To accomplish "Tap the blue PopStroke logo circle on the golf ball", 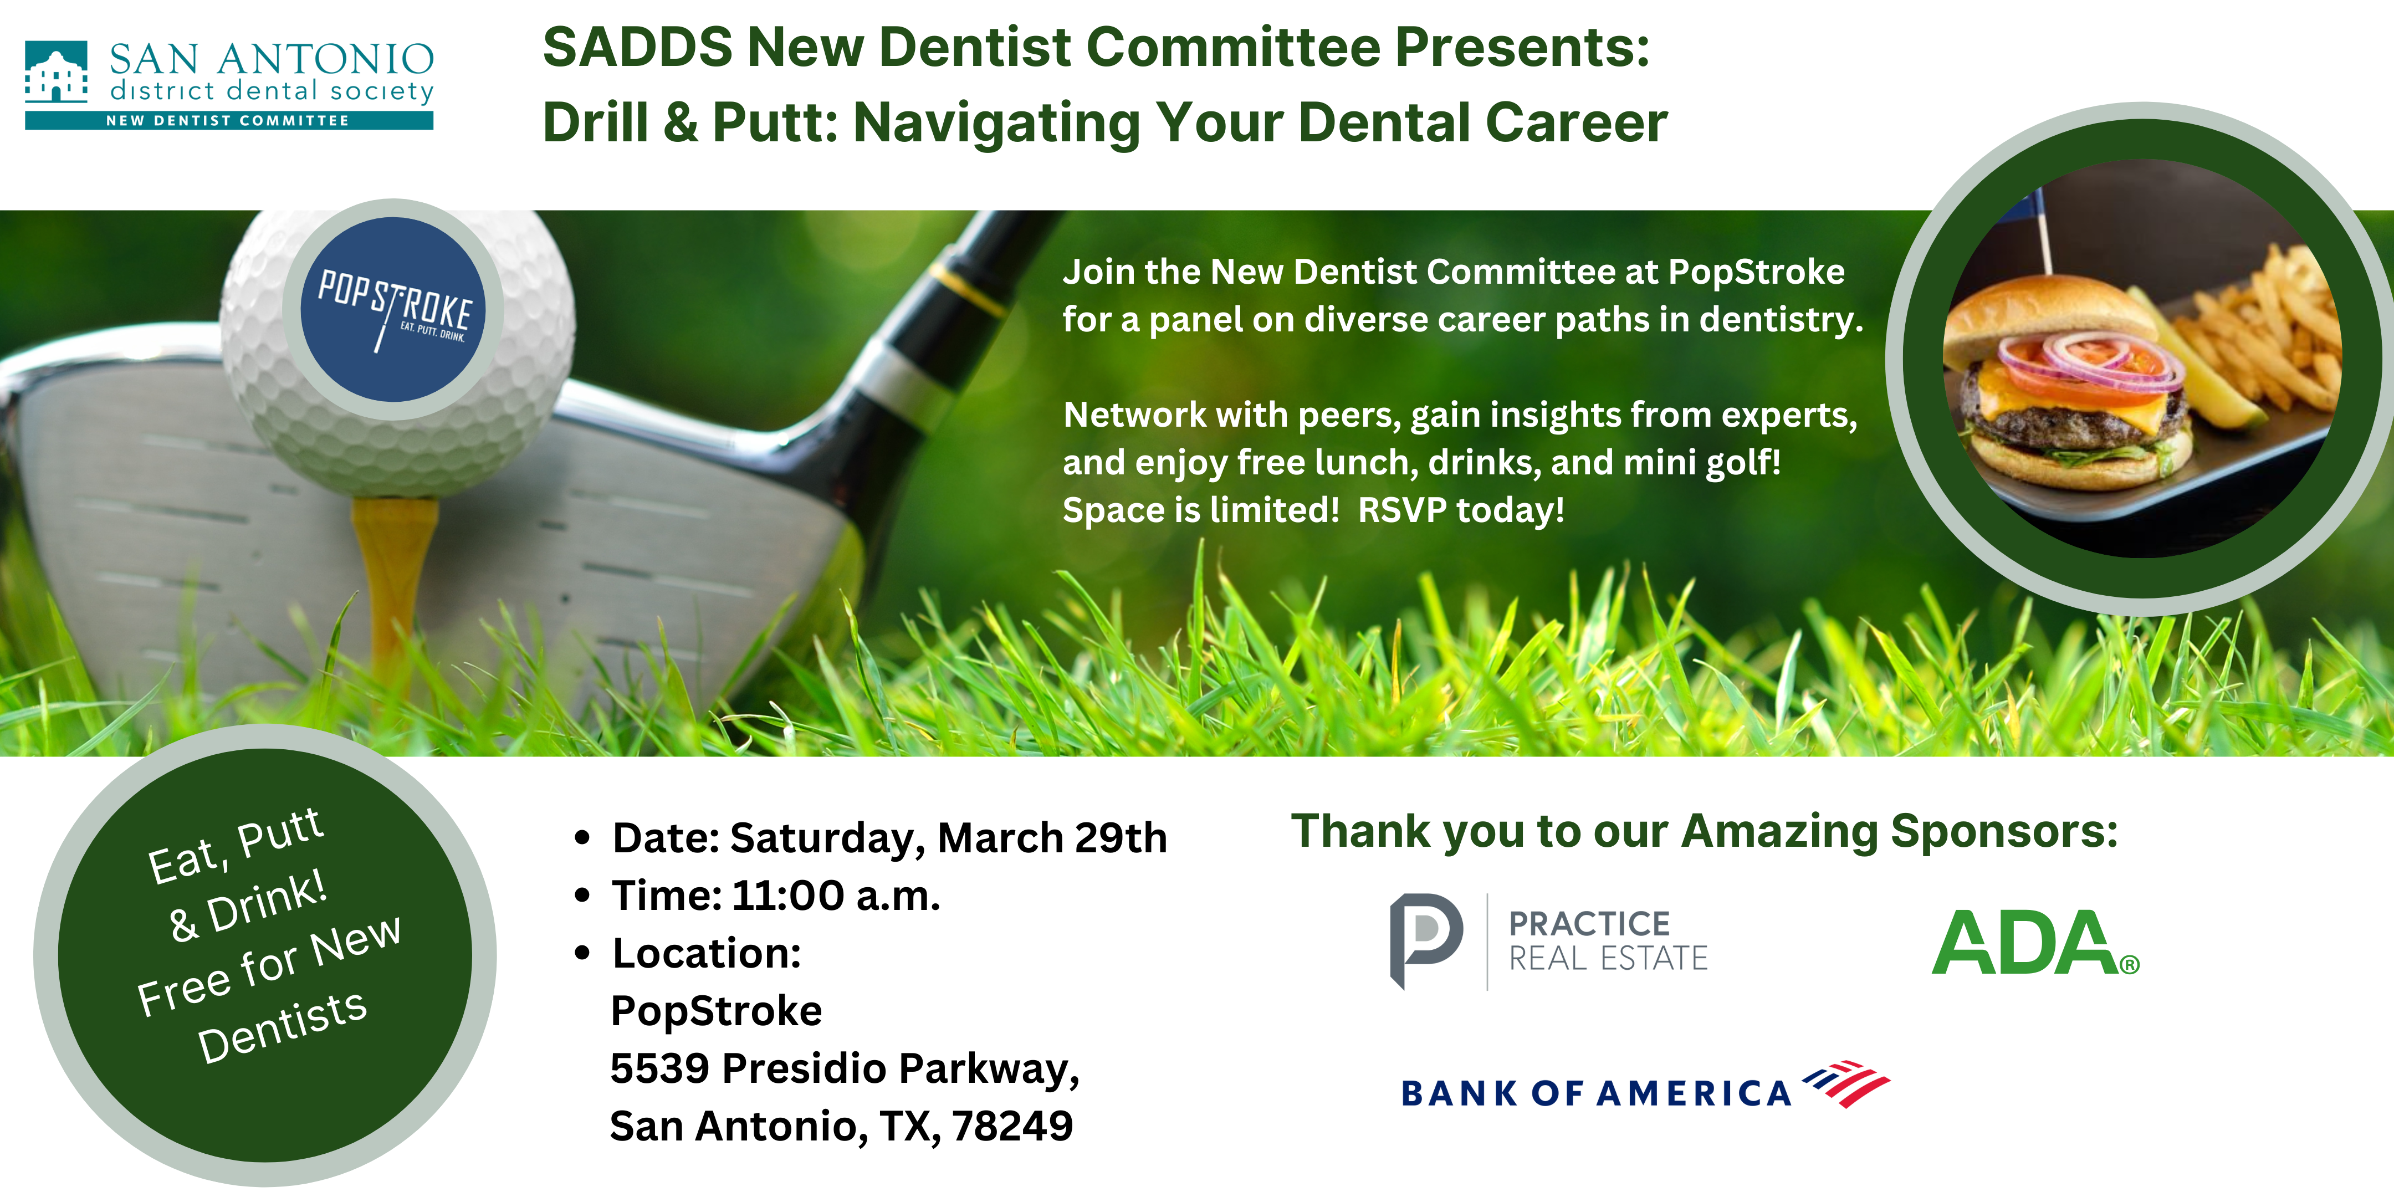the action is click(x=393, y=309).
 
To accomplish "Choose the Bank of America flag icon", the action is click(x=1846, y=1083).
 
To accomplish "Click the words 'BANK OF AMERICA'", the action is click(x=1595, y=1093).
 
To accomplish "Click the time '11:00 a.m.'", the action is click(x=836, y=896).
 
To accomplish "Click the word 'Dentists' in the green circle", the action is click(x=283, y=1026).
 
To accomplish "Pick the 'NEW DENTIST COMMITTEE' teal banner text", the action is click(x=228, y=121).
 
